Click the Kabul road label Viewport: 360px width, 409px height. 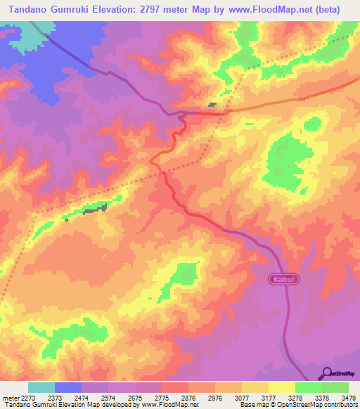[285, 280]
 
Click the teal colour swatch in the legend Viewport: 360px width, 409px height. [41, 387]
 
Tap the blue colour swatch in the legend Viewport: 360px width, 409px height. [67, 387]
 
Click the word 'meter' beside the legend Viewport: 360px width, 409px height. [9, 397]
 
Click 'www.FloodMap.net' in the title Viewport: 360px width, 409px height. [272, 10]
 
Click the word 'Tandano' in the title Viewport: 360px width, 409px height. [30, 10]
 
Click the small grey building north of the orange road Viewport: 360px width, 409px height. [212, 105]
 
